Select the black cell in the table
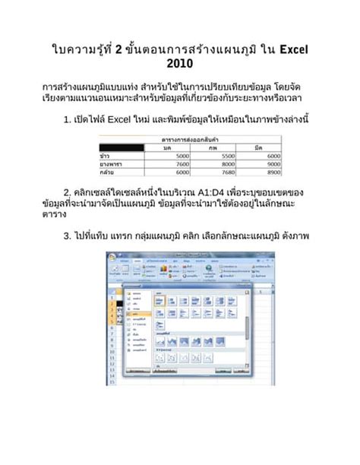(121, 147)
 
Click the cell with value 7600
(181, 163)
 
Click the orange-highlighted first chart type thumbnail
(160, 301)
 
